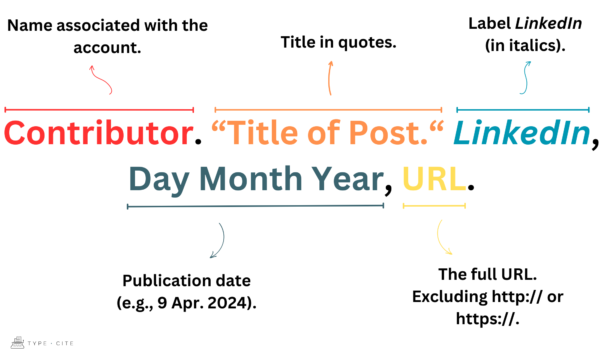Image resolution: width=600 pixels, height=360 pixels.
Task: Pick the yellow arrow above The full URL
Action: [x=444, y=238]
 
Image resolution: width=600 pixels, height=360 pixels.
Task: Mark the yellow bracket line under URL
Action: [x=433, y=207]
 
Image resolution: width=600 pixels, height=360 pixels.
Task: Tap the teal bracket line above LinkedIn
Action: [x=524, y=109]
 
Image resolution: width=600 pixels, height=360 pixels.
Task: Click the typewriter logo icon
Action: [x=19, y=341]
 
